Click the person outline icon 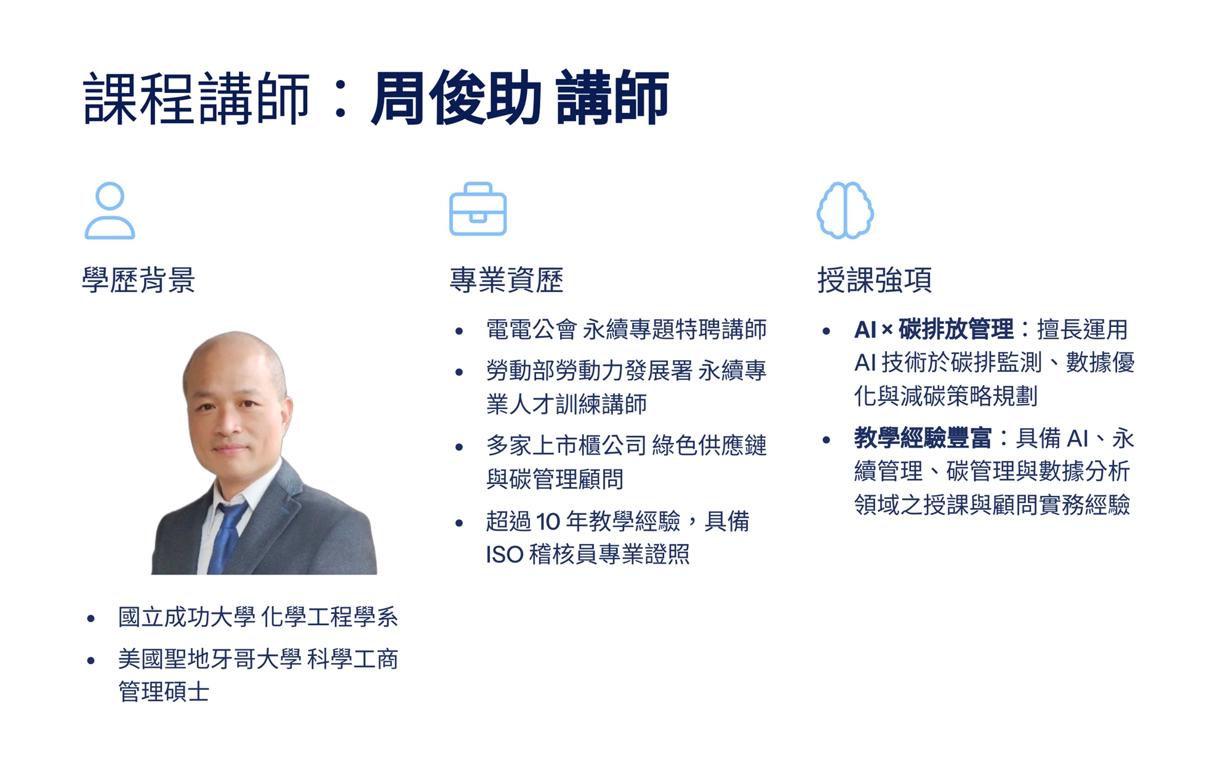click(x=110, y=210)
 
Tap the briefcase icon click(x=478, y=209)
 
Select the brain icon click(x=845, y=210)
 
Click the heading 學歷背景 click(x=138, y=280)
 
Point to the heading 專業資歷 click(x=507, y=280)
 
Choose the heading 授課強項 click(x=875, y=280)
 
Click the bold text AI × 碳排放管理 click(x=934, y=330)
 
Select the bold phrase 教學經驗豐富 click(x=923, y=438)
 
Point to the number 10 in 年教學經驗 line click(x=548, y=522)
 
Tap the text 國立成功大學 click(x=187, y=617)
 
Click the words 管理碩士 click(x=164, y=691)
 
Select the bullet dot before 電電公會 click(x=459, y=331)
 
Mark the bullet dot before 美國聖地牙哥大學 click(x=91, y=661)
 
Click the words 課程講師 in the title click(x=196, y=99)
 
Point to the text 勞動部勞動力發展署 click(x=590, y=371)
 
